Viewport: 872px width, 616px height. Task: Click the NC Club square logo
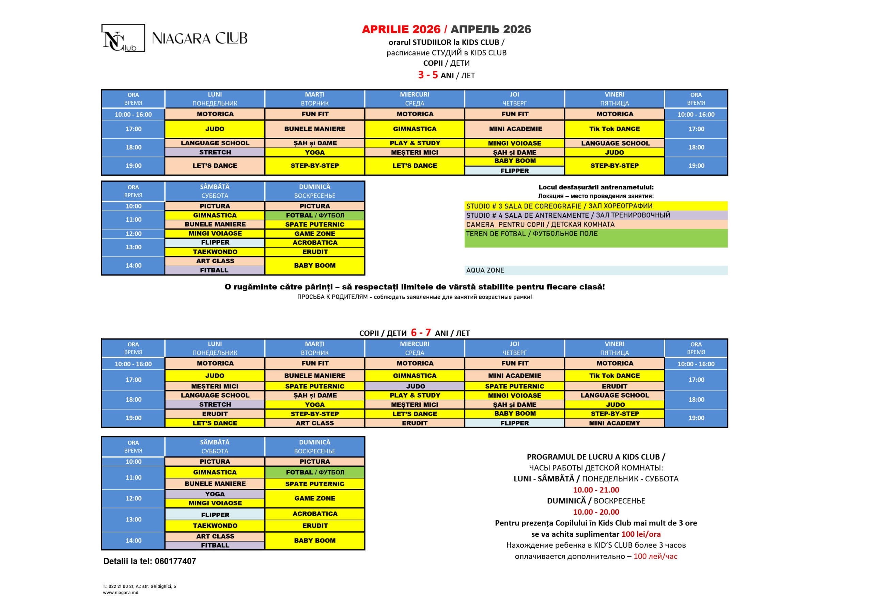pyautogui.click(x=123, y=38)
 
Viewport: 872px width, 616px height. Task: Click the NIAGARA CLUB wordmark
pyautogui.click(x=199, y=38)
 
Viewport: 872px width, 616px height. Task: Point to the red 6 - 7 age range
pyautogui.click(x=420, y=333)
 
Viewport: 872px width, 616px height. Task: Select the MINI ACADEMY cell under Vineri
pyautogui.click(x=614, y=423)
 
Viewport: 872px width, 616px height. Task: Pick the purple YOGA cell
pyautogui.click(x=215, y=494)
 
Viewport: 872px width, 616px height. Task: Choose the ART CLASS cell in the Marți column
pyautogui.click(x=314, y=423)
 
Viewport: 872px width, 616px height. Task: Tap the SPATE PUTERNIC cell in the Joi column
pyautogui.click(x=514, y=386)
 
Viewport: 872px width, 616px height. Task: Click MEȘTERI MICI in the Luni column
pyautogui.click(x=215, y=386)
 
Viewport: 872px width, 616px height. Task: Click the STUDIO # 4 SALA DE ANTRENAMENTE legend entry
pyautogui.click(x=568, y=215)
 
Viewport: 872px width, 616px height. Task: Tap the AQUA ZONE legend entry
pyautogui.click(x=485, y=270)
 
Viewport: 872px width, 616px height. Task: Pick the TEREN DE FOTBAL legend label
pyautogui.click(x=531, y=234)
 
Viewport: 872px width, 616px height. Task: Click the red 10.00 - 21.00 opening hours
pyautogui.click(x=596, y=490)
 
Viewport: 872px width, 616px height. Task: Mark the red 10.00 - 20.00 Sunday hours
pyautogui.click(x=596, y=512)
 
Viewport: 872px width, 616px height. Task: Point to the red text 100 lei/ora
pyautogui.click(x=641, y=534)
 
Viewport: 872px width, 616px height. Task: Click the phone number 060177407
pyautogui.click(x=175, y=561)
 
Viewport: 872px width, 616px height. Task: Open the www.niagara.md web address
pyautogui.click(x=120, y=593)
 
